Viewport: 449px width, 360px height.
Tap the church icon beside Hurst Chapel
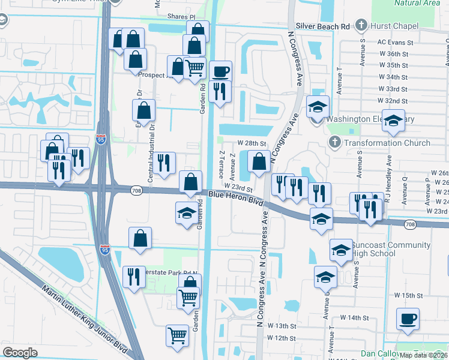pyautogui.click(x=361, y=25)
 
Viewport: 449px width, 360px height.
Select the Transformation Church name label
pyautogui.click(x=387, y=143)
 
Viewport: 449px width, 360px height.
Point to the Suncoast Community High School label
pyautogui.click(x=391, y=250)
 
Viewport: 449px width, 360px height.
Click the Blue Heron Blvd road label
pyautogui.click(x=237, y=199)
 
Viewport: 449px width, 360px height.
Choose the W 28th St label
pyautogui.click(x=252, y=143)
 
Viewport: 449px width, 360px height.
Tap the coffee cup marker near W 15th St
pyautogui.click(x=408, y=319)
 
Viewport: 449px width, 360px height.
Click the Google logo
pyautogui.click(x=20, y=353)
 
